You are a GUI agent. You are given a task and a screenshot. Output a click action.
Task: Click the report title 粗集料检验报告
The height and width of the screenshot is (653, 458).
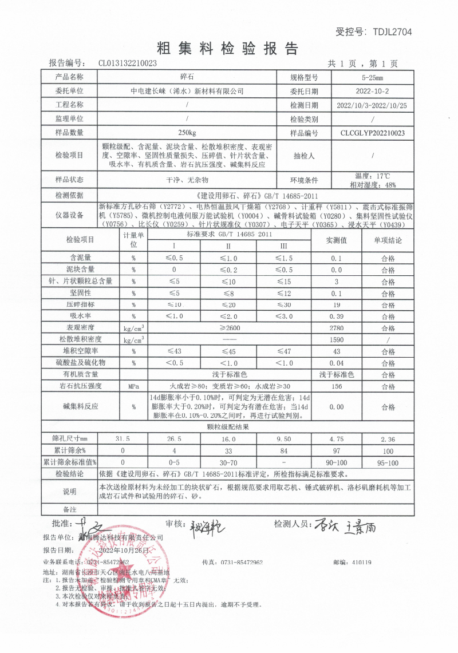[x=228, y=48]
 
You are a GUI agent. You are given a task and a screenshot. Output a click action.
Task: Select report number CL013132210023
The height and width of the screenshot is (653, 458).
[x=128, y=64]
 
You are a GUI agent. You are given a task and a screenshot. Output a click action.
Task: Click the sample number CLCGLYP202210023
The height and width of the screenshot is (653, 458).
[x=372, y=133]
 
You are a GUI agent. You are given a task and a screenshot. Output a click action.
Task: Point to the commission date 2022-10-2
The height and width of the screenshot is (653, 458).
[x=372, y=91]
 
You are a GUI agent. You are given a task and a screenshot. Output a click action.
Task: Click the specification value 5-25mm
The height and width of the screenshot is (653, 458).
[x=372, y=77]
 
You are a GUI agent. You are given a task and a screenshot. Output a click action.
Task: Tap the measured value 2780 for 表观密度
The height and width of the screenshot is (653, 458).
[x=337, y=328]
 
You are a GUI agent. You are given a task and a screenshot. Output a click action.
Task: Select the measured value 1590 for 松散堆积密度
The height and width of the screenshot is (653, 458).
[x=337, y=340]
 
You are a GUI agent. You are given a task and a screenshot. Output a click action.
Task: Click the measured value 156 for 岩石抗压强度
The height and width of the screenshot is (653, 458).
[x=337, y=386]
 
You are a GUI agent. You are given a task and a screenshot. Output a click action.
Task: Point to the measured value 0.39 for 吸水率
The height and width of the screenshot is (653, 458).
[x=337, y=316]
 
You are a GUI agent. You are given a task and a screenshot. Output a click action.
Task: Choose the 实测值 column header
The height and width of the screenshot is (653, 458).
[x=337, y=240]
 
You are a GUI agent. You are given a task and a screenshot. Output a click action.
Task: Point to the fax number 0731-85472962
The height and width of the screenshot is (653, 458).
[x=240, y=563]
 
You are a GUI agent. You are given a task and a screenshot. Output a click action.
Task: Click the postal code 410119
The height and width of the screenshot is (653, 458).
[x=362, y=563]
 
